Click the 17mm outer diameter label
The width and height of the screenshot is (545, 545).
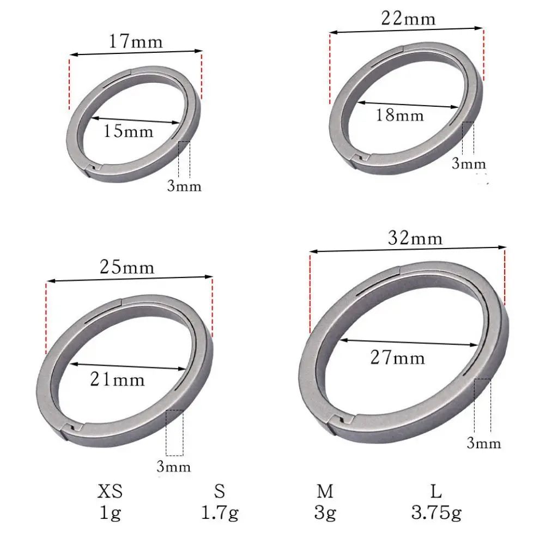click(136, 41)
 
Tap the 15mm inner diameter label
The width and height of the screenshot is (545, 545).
click(129, 131)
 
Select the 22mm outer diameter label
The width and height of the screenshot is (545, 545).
click(409, 19)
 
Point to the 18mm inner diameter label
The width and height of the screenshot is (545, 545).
click(399, 115)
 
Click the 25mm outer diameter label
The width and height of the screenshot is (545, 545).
click(127, 268)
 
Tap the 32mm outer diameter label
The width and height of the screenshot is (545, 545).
click(415, 238)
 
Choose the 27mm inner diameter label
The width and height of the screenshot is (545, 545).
click(398, 358)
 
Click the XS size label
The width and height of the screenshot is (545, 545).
click(110, 493)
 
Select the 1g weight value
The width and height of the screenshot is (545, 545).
click(110, 513)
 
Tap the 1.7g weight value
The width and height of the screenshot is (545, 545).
click(220, 513)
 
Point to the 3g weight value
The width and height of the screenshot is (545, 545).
click(325, 513)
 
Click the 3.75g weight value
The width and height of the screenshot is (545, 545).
click(436, 513)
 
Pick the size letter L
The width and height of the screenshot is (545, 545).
click(436, 493)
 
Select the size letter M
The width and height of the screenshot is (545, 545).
click(325, 493)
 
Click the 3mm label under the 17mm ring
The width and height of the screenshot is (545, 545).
click(184, 186)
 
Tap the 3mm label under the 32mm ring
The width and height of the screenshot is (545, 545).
click(483, 443)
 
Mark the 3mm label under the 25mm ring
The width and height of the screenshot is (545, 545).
click(174, 467)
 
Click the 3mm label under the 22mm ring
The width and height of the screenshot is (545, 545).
click(469, 164)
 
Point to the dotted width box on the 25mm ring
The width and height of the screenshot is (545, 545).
click(175, 433)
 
